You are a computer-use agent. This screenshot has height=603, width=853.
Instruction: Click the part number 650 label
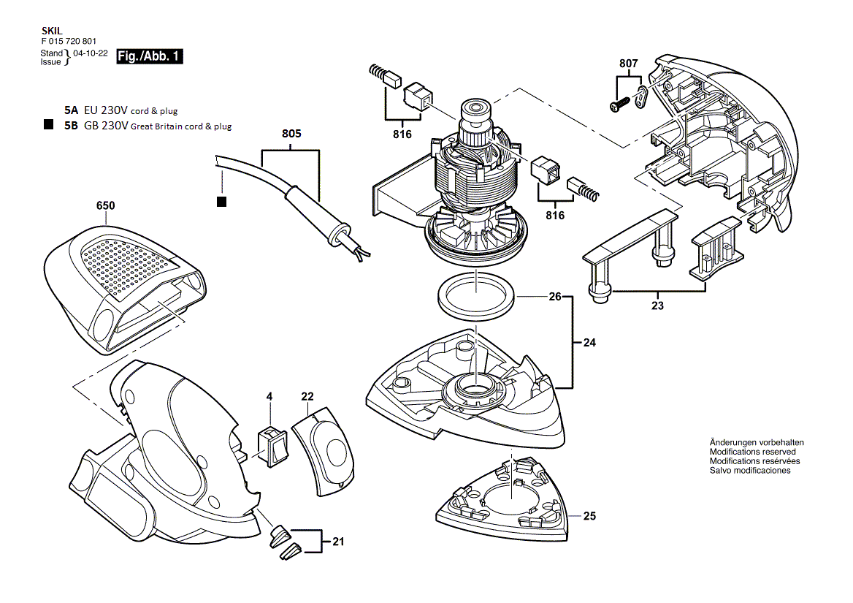[105, 206]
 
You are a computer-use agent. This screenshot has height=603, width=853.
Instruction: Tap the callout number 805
[291, 134]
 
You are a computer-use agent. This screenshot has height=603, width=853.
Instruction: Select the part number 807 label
[628, 64]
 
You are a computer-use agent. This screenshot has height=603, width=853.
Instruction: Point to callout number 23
[657, 306]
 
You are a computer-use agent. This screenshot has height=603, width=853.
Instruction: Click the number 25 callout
[589, 516]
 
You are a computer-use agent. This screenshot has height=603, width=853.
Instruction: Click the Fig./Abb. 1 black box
[150, 56]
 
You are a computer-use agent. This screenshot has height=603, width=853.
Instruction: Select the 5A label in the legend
[70, 110]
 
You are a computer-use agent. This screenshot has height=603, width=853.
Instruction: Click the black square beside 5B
[48, 125]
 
